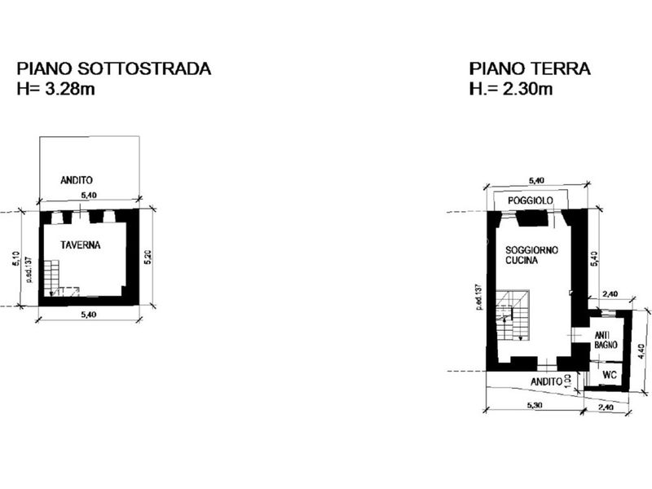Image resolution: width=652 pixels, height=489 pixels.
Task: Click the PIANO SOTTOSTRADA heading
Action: click(x=113, y=68)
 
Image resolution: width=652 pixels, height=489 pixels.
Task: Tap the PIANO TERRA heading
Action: click(x=530, y=68)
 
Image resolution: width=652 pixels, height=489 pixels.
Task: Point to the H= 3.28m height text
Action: click(x=55, y=89)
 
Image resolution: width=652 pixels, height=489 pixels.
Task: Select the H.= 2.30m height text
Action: click(x=511, y=89)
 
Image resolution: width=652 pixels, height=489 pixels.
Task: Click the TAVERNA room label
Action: click(x=80, y=245)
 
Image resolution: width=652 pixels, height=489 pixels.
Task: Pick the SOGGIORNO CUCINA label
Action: click(x=531, y=255)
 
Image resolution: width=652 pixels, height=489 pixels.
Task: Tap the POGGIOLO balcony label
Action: click(x=531, y=200)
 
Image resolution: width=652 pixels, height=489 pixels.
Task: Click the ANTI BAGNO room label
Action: click(x=606, y=340)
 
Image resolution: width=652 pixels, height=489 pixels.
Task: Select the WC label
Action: click(x=609, y=375)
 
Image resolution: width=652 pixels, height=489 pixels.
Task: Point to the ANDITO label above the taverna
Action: click(x=77, y=180)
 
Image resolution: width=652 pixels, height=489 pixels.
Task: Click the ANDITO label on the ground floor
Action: click(x=546, y=381)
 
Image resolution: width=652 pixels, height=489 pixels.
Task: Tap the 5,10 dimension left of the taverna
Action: click(x=16, y=258)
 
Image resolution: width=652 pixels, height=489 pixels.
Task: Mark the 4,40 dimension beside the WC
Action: click(x=641, y=351)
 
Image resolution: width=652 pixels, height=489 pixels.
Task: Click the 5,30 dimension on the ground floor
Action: click(x=535, y=405)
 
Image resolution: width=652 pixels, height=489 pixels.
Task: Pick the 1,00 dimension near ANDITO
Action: click(x=567, y=381)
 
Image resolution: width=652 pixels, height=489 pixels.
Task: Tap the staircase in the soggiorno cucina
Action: click(x=513, y=315)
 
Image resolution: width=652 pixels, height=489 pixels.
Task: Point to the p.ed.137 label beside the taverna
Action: click(x=29, y=270)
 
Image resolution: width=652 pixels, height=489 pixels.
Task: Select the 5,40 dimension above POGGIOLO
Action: click(x=536, y=180)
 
